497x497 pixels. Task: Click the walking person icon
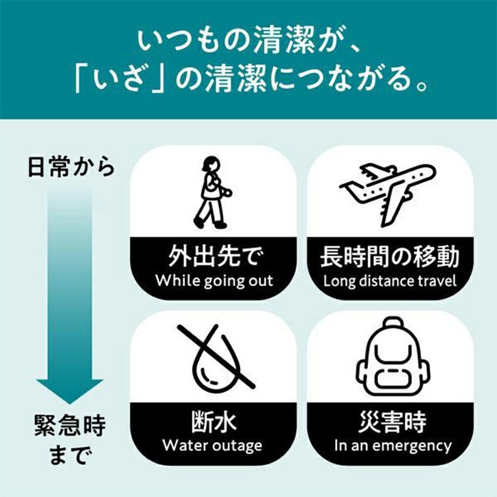[212, 193]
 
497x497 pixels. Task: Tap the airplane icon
[387, 194]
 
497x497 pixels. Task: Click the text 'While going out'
[214, 281]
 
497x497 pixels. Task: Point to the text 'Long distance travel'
[390, 281]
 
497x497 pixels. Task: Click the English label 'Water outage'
[212, 446]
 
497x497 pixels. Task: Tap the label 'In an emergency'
[393, 446]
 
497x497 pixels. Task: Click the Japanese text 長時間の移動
[390, 256]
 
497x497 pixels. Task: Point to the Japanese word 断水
[214, 422]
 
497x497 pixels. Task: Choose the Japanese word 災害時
[393, 422]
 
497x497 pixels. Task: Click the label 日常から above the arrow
[71, 166]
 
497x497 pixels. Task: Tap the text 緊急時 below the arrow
[70, 426]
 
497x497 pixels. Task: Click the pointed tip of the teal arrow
[70, 404]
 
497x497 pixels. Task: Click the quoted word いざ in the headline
[121, 80]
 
